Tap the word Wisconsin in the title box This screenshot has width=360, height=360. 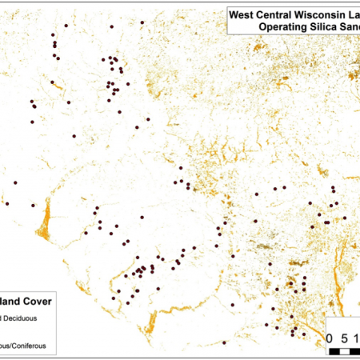coord(327,14)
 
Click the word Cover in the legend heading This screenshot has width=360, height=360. coord(35,302)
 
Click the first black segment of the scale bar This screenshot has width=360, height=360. coord(334,350)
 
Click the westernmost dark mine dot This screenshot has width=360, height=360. coord(7,204)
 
